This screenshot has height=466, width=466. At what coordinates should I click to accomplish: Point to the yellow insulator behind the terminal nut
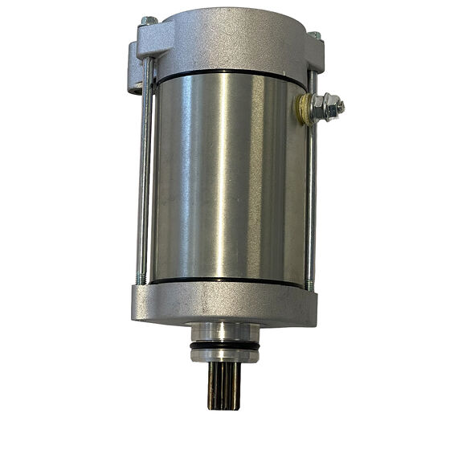[x=305, y=109]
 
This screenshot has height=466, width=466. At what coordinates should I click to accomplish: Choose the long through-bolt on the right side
[x=310, y=193]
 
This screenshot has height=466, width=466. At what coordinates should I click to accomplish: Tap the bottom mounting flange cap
[x=224, y=305]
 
